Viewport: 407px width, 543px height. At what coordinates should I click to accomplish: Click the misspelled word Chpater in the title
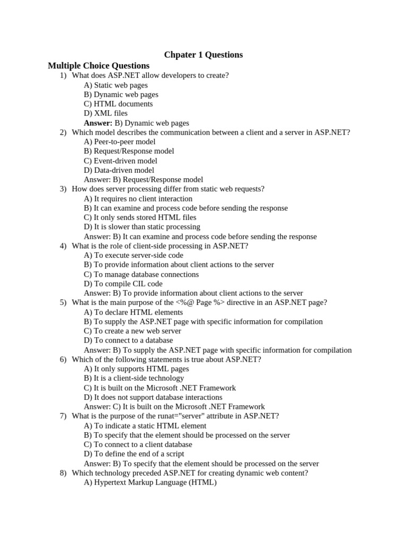pyautogui.click(x=180, y=55)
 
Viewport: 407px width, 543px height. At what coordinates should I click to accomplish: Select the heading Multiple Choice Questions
pyautogui.click(x=99, y=66)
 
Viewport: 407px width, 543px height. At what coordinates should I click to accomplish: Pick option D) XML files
pyautogui.click(x=105, y=113)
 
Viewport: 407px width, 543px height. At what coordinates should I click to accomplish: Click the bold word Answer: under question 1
pyautogui.click(x=98, y=122)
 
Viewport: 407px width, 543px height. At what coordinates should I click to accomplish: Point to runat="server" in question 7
pyautogui.click(x=180, y=416)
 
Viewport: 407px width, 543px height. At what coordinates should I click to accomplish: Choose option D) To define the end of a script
pyautogui.click(x=134, y=454)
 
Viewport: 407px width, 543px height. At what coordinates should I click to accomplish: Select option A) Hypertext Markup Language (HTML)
pyautogui.click(x=151, y=483)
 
